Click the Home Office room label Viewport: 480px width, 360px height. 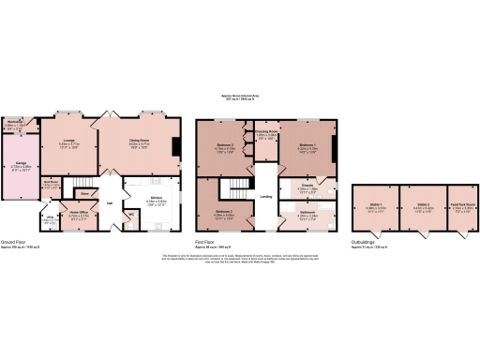coord(79,213)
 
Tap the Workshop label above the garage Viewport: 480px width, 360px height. coord(16,121)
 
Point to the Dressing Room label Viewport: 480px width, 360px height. coord(265,132)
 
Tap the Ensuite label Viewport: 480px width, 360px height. coord(307,187)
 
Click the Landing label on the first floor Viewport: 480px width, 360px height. coord(266,196)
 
